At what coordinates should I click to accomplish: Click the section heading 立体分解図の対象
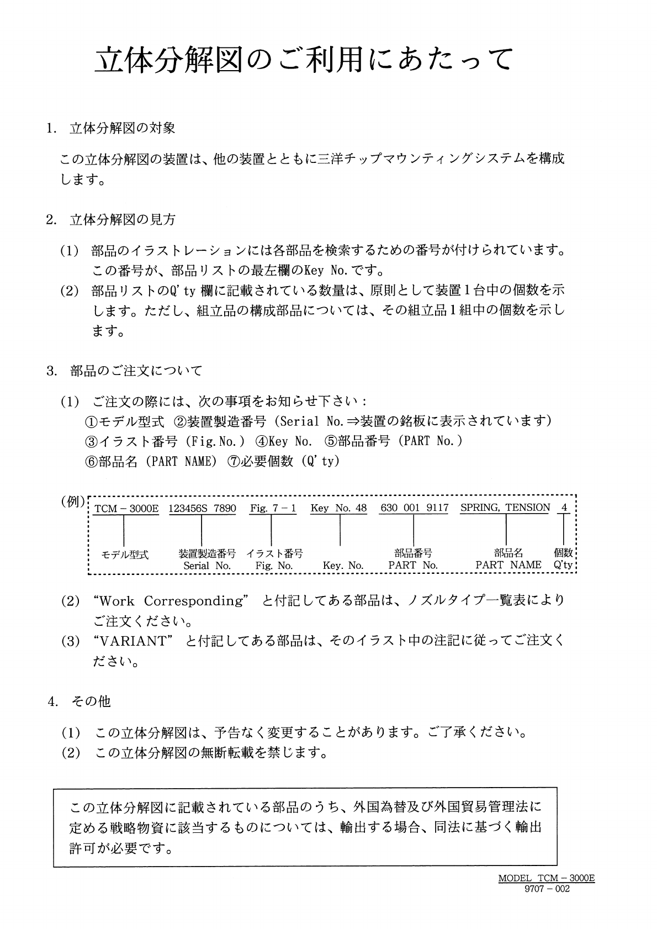tap(122, 129)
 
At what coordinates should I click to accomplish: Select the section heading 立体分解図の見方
tap(122, 220)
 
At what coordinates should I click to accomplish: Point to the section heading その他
tap(91, 701)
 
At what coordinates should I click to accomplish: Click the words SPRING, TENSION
tap(505, 508)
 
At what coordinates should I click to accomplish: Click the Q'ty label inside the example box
tap(563, 566)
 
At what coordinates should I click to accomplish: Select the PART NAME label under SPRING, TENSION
tap(508, 565)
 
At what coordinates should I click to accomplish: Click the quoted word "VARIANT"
tap(130, 641)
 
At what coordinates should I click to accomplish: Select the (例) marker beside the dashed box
tap(73, 502)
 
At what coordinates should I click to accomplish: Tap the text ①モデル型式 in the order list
tap(124, 421)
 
